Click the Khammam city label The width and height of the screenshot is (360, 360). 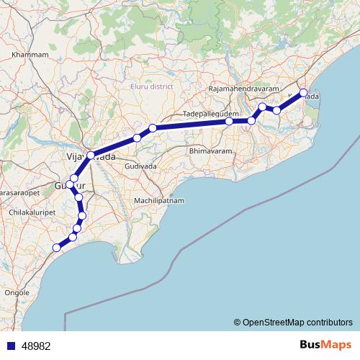click(30, 54)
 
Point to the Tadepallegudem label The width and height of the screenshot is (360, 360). click(209, 114)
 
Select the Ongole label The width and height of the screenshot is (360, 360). click(17, 293)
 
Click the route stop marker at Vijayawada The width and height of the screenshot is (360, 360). click(91, 155)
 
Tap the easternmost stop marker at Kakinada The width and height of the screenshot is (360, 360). click(303, 93)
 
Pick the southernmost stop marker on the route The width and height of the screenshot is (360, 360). click(56, 248)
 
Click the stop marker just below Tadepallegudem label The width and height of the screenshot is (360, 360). click(229, 122)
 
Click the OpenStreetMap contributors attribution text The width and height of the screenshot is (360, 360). click(292, 323)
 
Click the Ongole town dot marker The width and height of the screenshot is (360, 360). click(17, 285)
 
